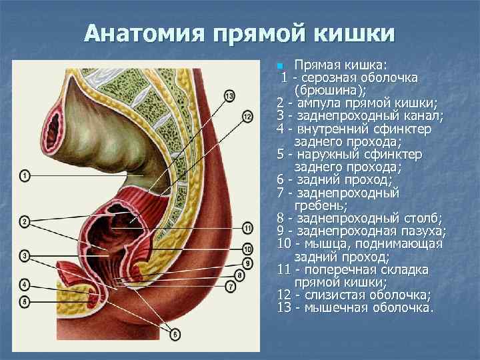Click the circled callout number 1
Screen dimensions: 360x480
tap(25, 176)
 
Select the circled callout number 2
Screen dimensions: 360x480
tap(25, 221)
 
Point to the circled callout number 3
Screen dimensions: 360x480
tap(25, 255)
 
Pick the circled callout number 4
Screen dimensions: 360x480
tap(25, 285)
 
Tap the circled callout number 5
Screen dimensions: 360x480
tap(25, 301)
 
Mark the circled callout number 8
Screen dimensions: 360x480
tap(240, 275)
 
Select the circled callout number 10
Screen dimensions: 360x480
tap(247, 249)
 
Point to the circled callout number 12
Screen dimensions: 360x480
tap(247, 117)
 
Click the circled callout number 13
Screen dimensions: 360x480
tap(230, 97)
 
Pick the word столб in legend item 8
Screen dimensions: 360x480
tap(418, 219)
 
